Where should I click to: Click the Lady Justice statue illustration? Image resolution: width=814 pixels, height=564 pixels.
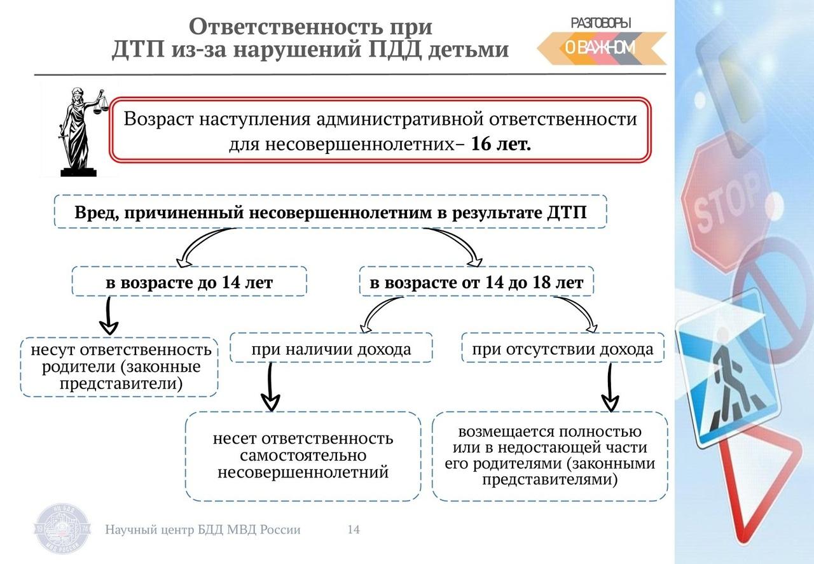(80, 132)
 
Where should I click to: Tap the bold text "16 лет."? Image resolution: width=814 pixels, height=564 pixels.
(500, 145)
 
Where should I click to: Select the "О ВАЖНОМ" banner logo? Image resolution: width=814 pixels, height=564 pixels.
(602, 48)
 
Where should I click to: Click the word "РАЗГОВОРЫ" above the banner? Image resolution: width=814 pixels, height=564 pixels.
(601, 24)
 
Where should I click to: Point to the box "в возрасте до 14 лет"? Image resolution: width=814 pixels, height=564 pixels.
(190, 281)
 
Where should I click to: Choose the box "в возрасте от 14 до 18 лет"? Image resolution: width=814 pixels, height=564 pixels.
(476, 281)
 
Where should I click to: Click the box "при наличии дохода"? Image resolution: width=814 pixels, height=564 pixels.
(331, 348)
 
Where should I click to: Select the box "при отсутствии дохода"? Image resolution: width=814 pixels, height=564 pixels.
(563, 348)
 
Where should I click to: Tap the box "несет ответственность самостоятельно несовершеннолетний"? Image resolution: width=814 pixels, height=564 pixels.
(303, 456)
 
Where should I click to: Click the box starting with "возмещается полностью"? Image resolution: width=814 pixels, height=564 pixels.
(550, 456)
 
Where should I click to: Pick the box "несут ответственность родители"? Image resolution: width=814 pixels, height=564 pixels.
(119, 367)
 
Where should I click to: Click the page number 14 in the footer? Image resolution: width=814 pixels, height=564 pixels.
(354, 530)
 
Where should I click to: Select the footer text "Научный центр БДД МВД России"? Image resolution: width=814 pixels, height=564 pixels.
(203, 530)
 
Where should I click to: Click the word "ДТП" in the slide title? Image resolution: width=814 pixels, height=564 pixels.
(139, 49)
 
